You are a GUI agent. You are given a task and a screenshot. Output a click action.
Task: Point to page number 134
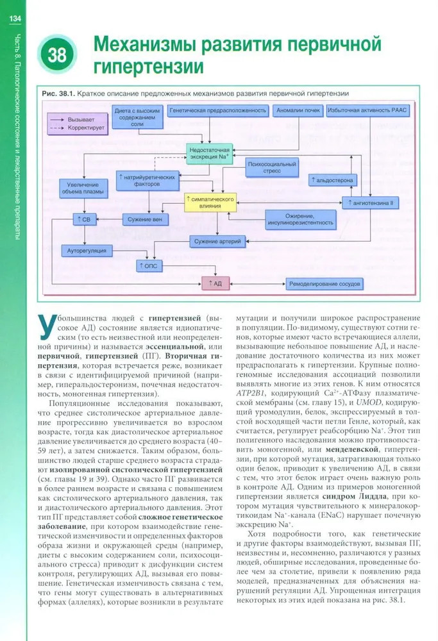(15, 19)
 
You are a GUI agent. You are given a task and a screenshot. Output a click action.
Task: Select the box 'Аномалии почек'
(298, 110)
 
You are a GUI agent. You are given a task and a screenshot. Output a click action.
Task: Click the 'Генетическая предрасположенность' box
(219, 110)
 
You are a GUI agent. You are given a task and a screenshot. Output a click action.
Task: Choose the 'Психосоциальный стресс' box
(272, 169)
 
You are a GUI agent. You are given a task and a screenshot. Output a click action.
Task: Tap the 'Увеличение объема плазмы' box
(83, 188)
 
